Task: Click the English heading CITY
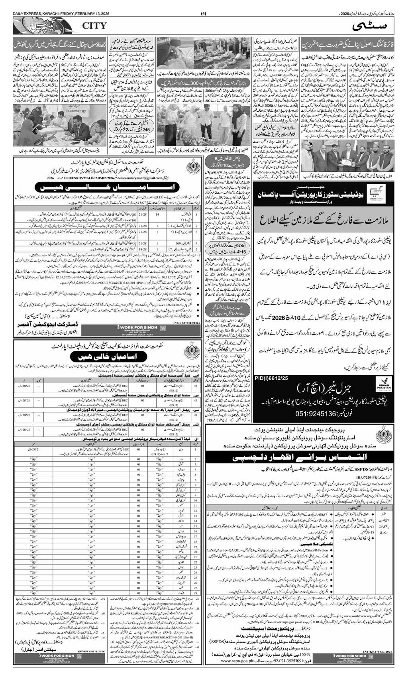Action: coord(94,26)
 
